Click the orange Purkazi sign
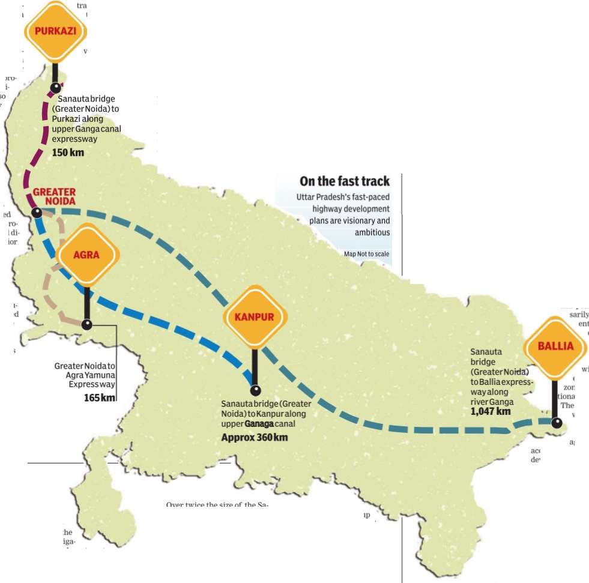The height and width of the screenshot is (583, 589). point(55,31)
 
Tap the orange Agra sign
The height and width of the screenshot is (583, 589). point(86,255)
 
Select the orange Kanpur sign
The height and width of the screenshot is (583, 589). point(255,317)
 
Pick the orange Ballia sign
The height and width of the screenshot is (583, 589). point(555,346)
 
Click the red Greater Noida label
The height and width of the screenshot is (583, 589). point(54,196)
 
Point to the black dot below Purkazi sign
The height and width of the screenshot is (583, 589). point(55,88)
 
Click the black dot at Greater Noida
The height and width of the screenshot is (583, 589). point(37,212)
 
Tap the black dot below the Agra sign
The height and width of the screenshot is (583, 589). point(87,325)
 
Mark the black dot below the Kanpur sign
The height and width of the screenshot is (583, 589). point(255,390)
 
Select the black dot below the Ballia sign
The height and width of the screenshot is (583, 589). point(557,423)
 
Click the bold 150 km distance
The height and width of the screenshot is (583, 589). point(68,153)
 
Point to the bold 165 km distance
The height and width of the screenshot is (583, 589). point(100,397)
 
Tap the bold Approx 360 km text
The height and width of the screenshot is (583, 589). point(254,437)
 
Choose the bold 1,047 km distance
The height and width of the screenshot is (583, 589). point(491,411)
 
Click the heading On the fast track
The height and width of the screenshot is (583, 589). point(345,181)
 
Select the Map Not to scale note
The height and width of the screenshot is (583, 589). point(366,254)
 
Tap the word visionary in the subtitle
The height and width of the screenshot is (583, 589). point(357,220)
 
